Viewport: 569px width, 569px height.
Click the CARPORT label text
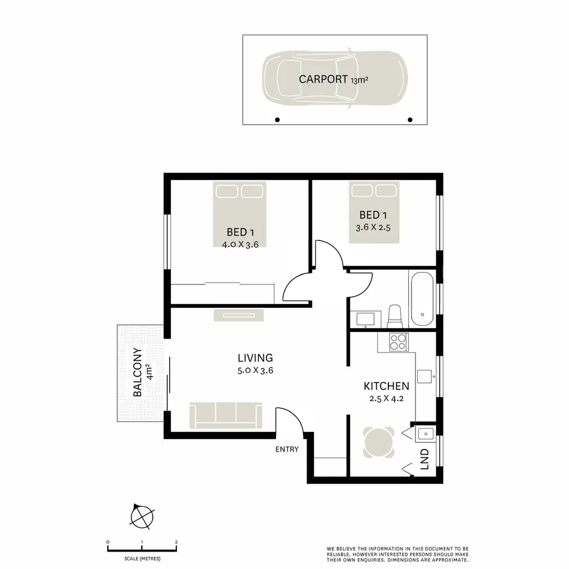point(323,79)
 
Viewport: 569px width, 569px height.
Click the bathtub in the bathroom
point(422,299)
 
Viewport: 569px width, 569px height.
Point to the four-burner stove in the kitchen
point(399,342)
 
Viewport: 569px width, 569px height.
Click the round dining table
point(379,442)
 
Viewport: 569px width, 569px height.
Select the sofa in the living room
point(225,415)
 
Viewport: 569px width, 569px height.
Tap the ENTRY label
point(287,449)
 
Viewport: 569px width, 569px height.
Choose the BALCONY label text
point(138,372)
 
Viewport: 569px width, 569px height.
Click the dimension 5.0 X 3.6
point(255,370)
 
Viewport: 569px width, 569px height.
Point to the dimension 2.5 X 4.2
point(386,398)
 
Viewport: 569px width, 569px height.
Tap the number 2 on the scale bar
point(176,542)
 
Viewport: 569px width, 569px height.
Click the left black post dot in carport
point(278,120)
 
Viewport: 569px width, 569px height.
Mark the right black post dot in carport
point(410,120)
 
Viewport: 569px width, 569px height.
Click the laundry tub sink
point(425,434)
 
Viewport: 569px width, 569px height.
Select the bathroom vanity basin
point(365,319)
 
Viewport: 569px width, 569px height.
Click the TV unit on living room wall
point(239,315)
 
